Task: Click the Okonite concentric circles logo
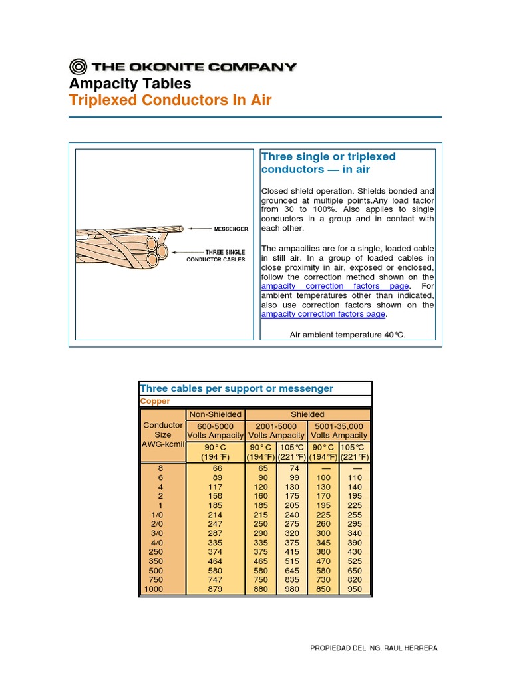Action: point(79,67)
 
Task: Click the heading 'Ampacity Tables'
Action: point(130,84)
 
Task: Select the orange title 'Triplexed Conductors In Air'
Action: point(171,101)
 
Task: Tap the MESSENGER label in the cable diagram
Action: point(230,229)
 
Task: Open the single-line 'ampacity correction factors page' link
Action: point(323,314)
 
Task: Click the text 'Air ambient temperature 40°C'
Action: point(347,335)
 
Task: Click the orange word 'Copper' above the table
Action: point(155,401)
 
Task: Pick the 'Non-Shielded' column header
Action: point(216,414)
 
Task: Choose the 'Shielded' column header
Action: point(307,414)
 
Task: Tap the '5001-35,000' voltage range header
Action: point(339,425)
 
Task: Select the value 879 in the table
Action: point(216,589)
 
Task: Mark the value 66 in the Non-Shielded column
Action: point(216,468)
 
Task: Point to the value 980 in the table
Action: point(292,589)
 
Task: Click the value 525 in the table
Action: point(354,561)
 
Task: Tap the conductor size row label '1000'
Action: point(153,589)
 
